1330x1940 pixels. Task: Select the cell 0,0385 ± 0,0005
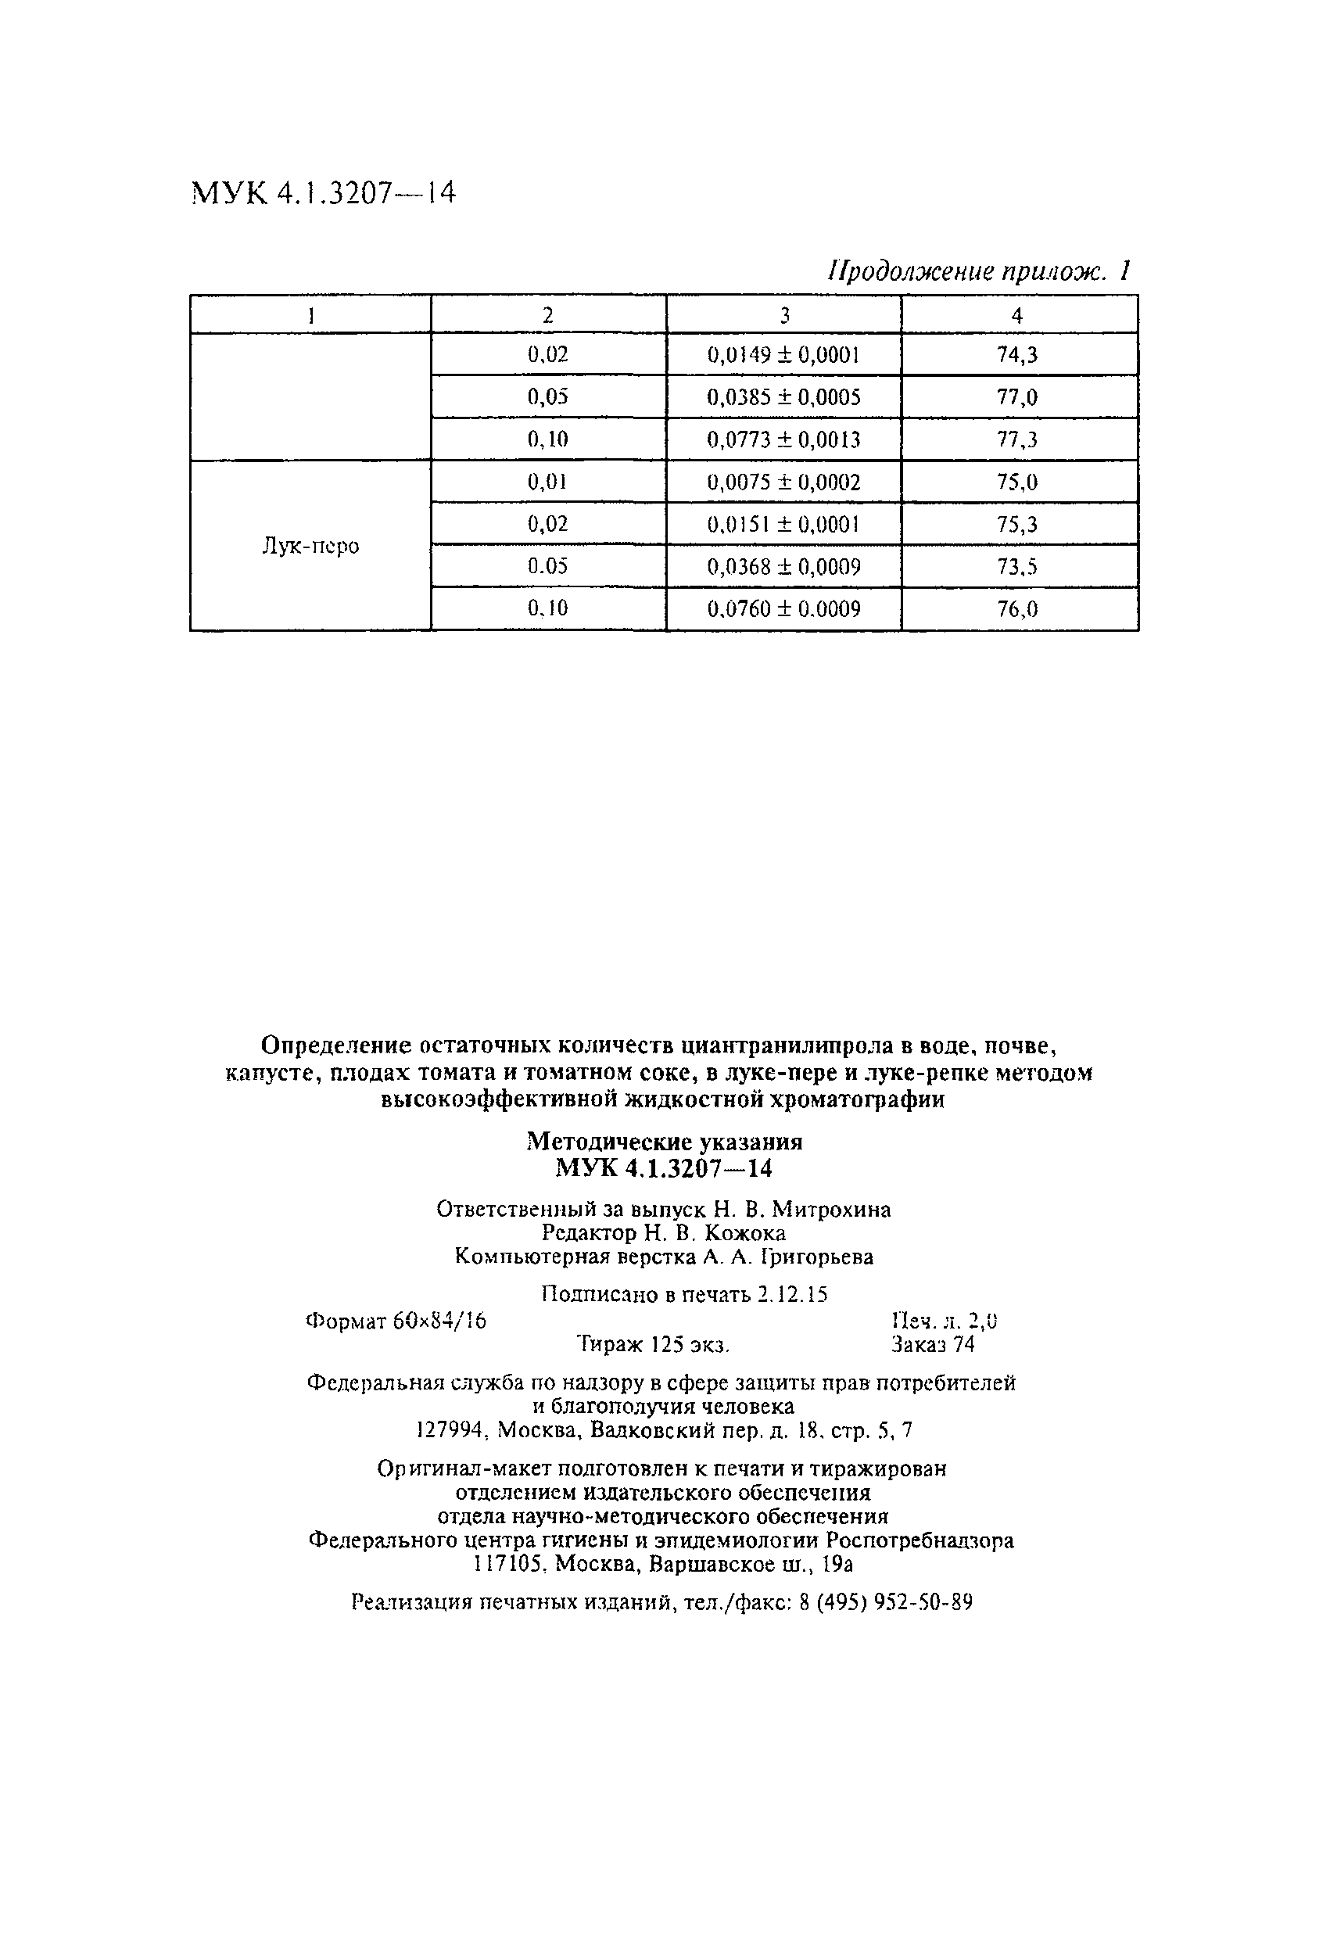[783, 397]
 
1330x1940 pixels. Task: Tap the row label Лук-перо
[310, 546]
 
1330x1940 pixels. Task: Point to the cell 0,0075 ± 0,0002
[783, 482]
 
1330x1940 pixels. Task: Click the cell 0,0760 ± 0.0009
[783, 609]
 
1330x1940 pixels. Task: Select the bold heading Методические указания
[665, 1142]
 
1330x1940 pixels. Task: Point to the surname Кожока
[744, 1233]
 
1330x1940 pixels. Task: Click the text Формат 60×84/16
[396, 1321]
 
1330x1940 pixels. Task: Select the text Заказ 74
[932, 1344]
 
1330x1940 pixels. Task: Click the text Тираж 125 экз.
[654, 1345]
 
